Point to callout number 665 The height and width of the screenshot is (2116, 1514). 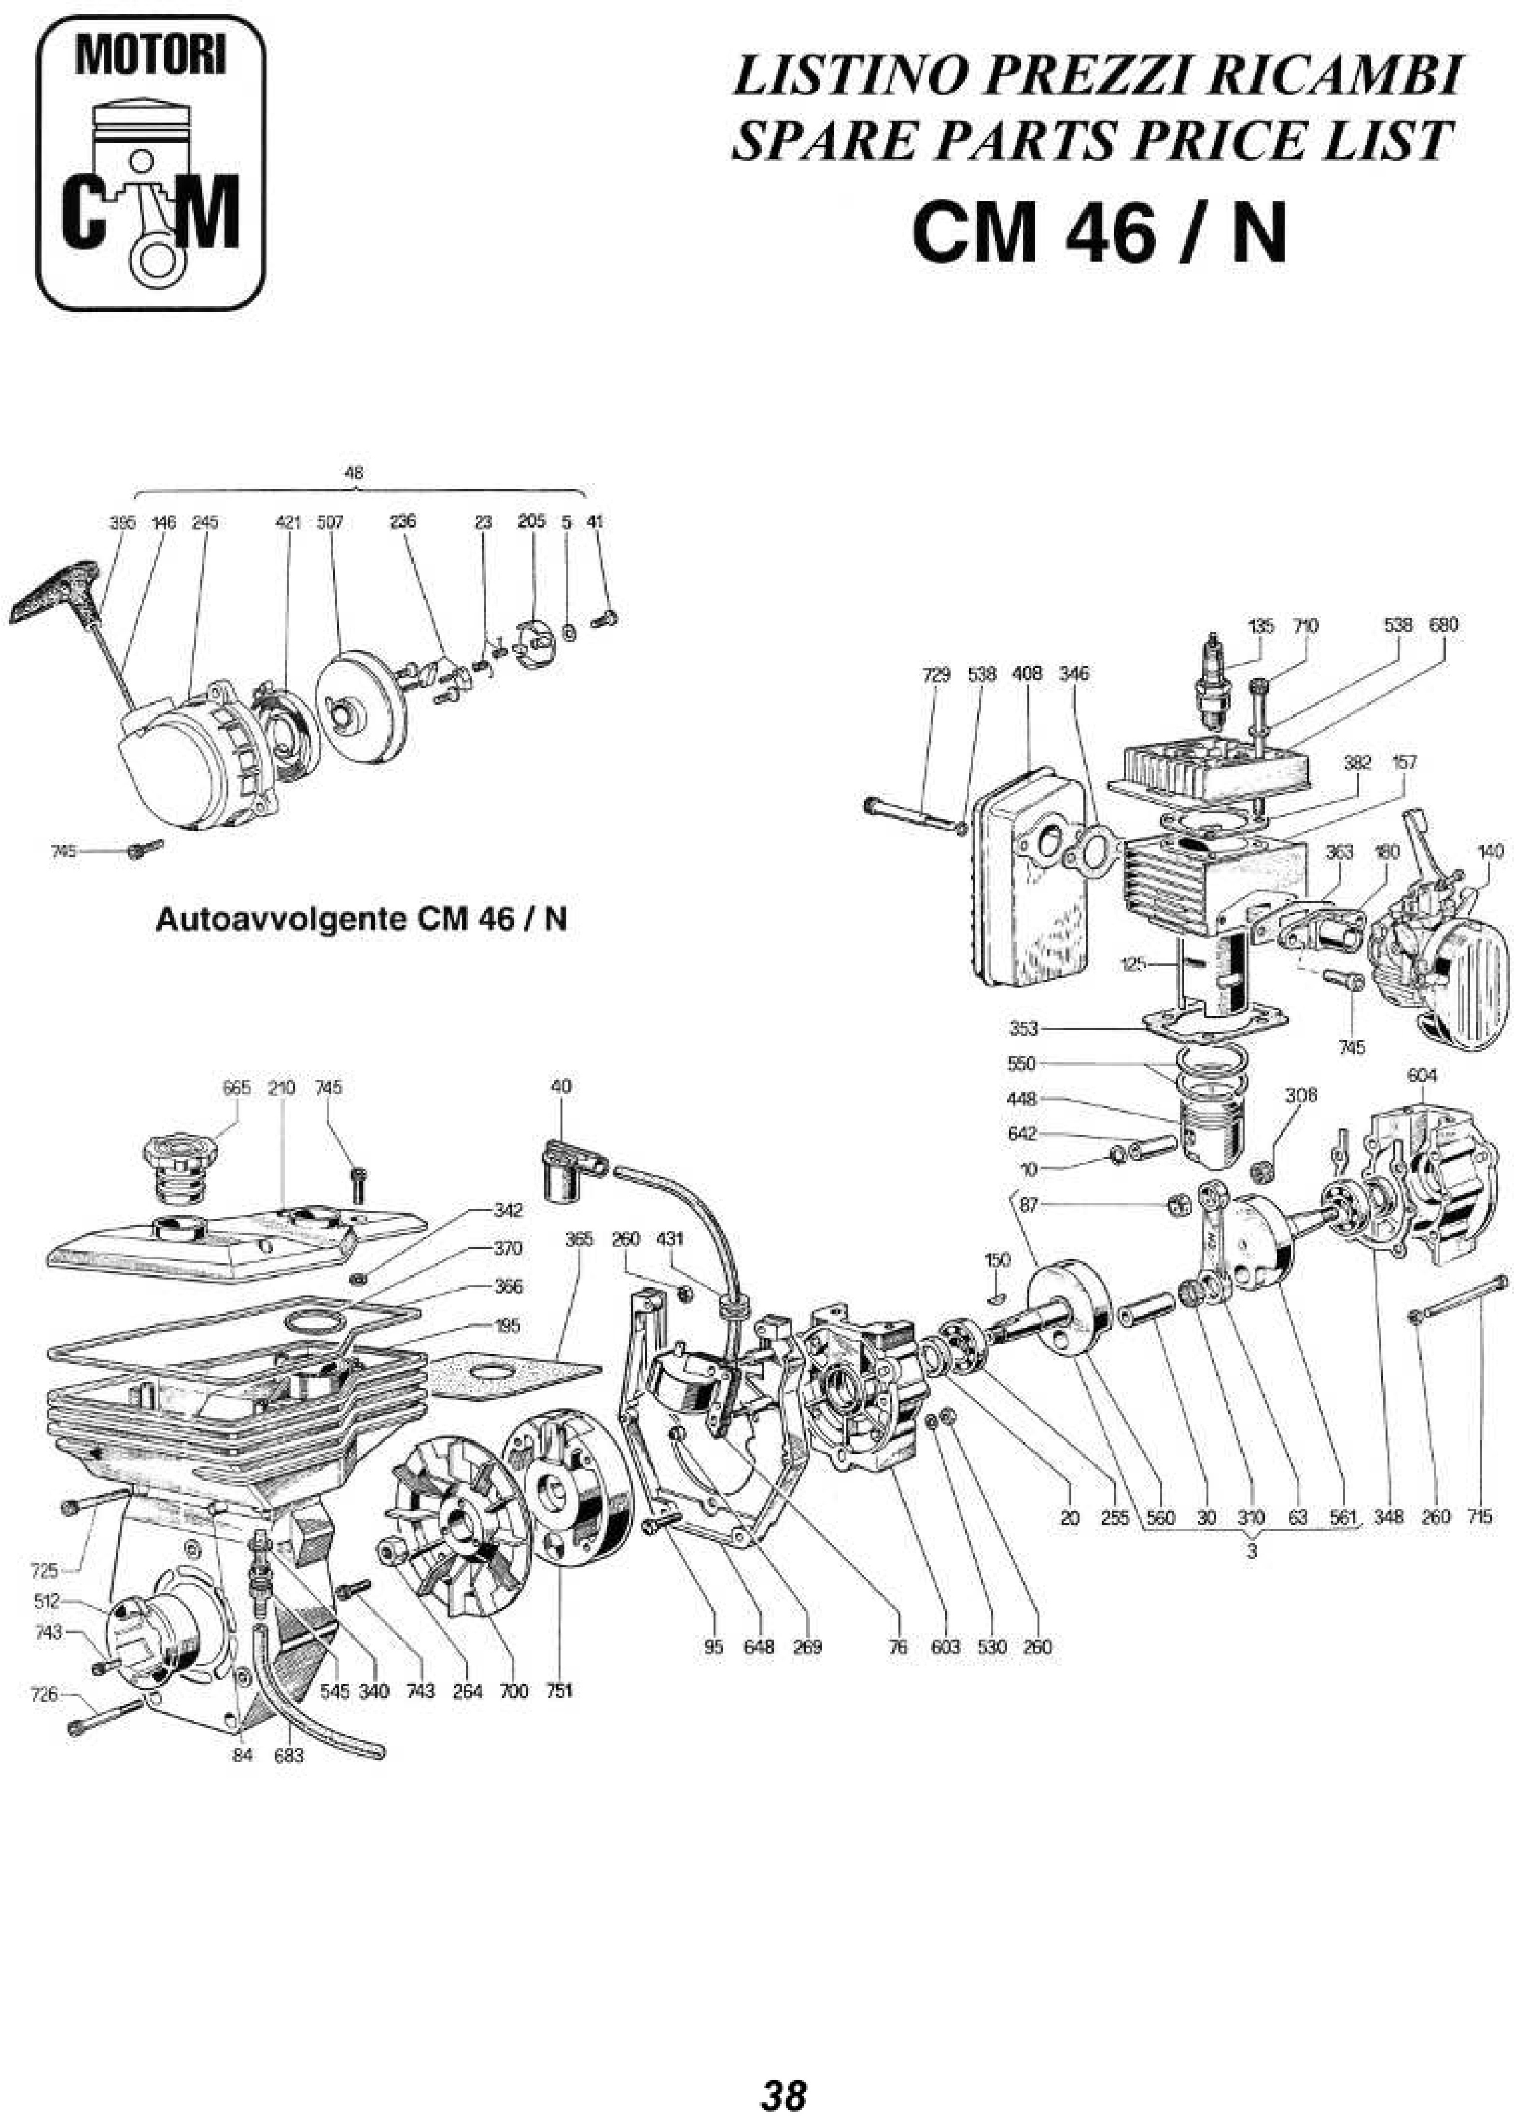[237, 1088]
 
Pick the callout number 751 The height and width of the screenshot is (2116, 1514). [559, 1691]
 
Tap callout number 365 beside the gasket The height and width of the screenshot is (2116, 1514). [579, 1240]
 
